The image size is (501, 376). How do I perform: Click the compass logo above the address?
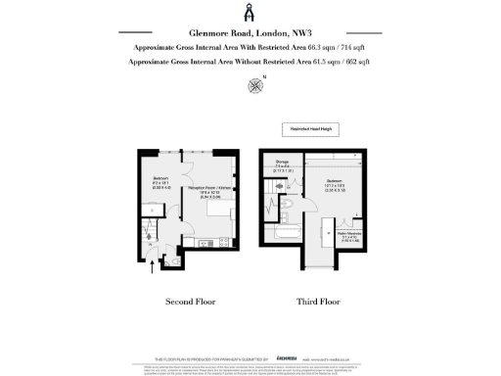coord(250,13)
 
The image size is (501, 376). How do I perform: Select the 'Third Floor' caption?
coord(317,303)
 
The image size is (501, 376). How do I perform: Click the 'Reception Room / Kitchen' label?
coord(209,192)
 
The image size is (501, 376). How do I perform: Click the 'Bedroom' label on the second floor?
coord(161,180)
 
